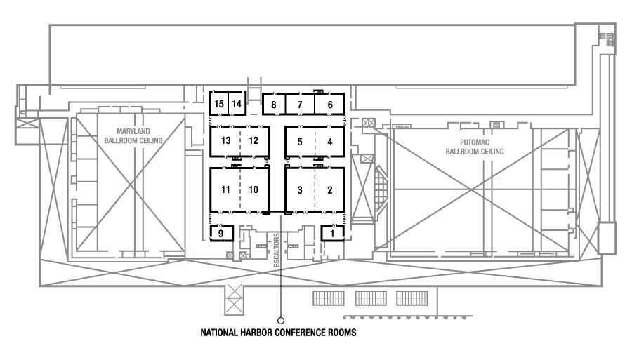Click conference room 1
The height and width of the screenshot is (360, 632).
pos(333,232)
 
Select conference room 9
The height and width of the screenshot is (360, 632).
pos(221,232)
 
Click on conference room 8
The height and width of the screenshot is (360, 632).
pos(273,105)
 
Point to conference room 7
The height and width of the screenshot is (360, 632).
pos(300,105)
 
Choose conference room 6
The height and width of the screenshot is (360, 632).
pos(329,105)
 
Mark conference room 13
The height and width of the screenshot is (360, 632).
pos(226,140)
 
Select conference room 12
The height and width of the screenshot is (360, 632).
pos(254,140)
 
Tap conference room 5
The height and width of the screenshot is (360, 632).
pos(300,142)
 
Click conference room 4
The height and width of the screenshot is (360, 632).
pos(329,142)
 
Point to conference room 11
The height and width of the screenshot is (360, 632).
pos(225,189)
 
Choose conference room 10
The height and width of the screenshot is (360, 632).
pos(254,189)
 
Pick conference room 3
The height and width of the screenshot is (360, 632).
pos(300,189)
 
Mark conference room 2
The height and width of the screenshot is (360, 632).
pos(329,189)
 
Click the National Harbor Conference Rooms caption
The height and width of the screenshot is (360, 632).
pos(279,334)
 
